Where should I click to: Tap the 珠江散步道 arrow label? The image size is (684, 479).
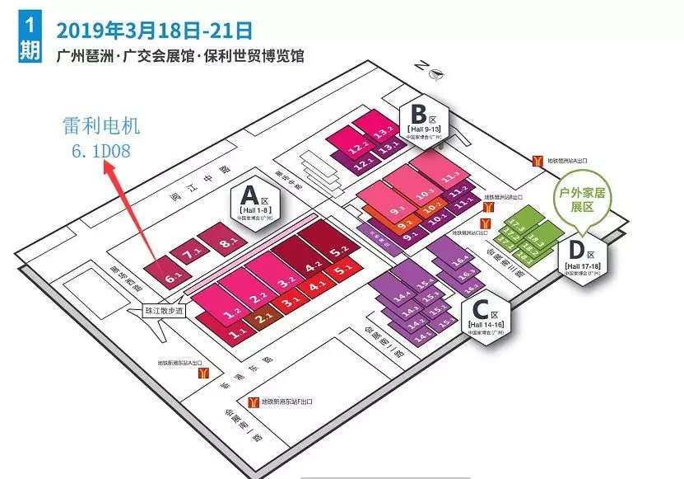[x=163, y=314]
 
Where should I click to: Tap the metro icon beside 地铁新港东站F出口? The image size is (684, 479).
[x=267, y=402]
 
